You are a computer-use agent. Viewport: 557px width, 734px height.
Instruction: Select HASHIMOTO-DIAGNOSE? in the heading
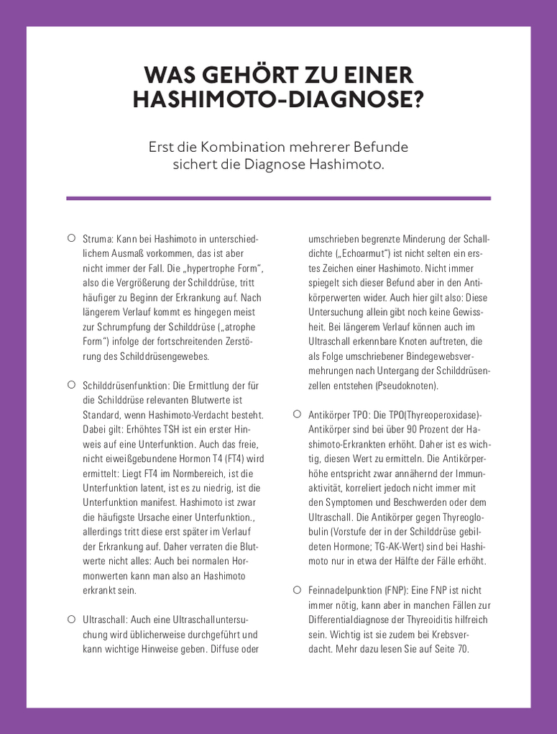[278, 101]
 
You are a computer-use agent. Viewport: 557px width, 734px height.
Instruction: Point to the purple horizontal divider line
[278, 198]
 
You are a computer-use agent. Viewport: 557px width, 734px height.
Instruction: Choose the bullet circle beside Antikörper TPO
[297, 414]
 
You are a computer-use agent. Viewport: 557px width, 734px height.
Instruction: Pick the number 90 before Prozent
[410, 429]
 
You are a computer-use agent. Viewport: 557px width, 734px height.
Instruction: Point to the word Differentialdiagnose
[352, 620]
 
